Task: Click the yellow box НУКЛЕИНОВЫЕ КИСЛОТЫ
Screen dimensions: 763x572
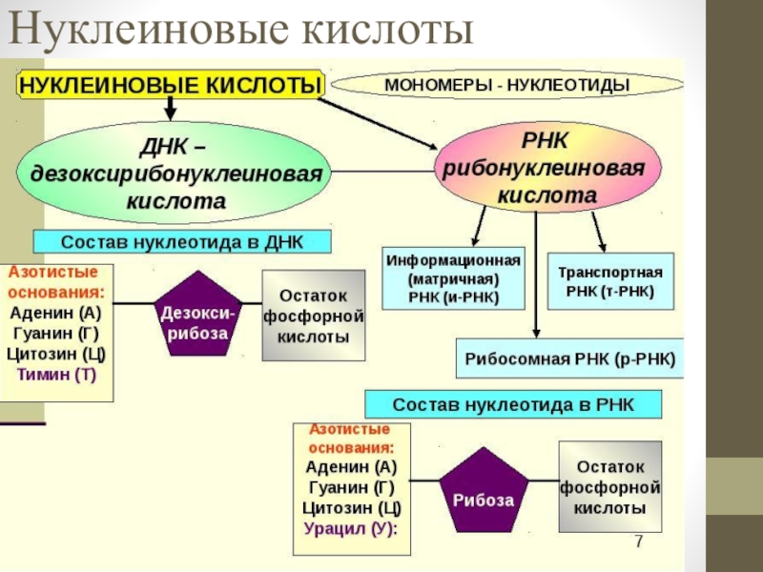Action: [171, 85]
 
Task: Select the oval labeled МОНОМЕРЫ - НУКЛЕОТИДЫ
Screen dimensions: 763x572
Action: [507, 85]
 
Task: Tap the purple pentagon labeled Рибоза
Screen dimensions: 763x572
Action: [484, 491]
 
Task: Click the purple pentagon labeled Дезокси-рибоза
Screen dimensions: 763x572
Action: [197, 315]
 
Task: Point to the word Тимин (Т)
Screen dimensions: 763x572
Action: [57, 374]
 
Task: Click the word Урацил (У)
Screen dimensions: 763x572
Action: [349, 528]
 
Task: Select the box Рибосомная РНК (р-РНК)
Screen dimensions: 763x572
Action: [569, 358]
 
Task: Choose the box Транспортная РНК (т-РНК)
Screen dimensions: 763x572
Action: [610, 281]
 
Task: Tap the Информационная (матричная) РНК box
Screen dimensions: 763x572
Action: [454, 278]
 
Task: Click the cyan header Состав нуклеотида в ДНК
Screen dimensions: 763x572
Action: [182, 242]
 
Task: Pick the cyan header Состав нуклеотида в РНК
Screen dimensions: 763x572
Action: [513, 404]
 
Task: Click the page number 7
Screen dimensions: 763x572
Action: [639, 541]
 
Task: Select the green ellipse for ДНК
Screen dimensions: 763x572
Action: [174, 173]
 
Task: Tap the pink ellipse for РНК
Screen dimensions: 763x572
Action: [546, 167]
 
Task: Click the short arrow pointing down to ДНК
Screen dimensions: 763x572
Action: [170, 108]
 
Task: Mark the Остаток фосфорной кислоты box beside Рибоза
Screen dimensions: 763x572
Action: [610, 486]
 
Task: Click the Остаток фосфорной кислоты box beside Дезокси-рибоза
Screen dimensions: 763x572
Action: [314, 316]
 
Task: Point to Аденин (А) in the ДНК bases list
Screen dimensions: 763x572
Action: [55, 313]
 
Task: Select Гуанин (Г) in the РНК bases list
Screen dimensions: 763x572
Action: [351, 487]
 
